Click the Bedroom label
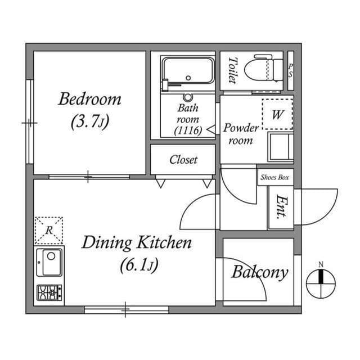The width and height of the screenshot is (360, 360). tap(90, 100)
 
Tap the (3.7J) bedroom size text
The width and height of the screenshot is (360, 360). tap(90, 121)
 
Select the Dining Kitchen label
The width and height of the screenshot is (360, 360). tap(137, 243)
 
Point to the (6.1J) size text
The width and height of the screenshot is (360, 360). tap(137, 264)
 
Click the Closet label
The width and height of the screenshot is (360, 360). tap(183, 160)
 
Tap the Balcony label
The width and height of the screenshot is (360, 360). tap(260, 273)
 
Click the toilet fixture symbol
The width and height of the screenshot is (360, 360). tap(268, 69)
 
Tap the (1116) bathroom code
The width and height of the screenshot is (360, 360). tap(187, 130)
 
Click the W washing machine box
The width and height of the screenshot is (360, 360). tap(277, 115)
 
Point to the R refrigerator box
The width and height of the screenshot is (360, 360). tap(49, 230)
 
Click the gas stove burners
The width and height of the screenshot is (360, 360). tap(49, 292)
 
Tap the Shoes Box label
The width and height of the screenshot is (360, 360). tap(275, 177)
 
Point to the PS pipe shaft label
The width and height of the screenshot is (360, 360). tap(290, 70)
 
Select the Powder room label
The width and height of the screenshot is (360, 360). tap(241, 134)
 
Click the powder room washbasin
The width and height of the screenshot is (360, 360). tap(280, 146)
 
